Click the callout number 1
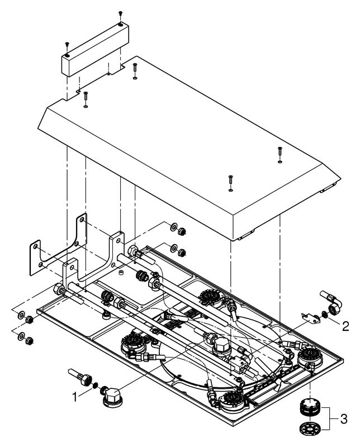(x=75, y=397)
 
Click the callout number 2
(x=345, y=326)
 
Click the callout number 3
(x=344, y=419)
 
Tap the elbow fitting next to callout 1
(x=112, y=396)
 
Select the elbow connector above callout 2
(x=331, y=302)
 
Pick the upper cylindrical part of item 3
(x=310, y=408)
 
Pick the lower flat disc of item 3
(x=310, y=427)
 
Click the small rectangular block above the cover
(x=95, y=50)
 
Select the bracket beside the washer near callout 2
(x=310, y=318)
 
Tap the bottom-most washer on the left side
(x=21, y=337)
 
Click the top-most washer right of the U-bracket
(x=173, y=227)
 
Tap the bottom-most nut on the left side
(x=29, y=340)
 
